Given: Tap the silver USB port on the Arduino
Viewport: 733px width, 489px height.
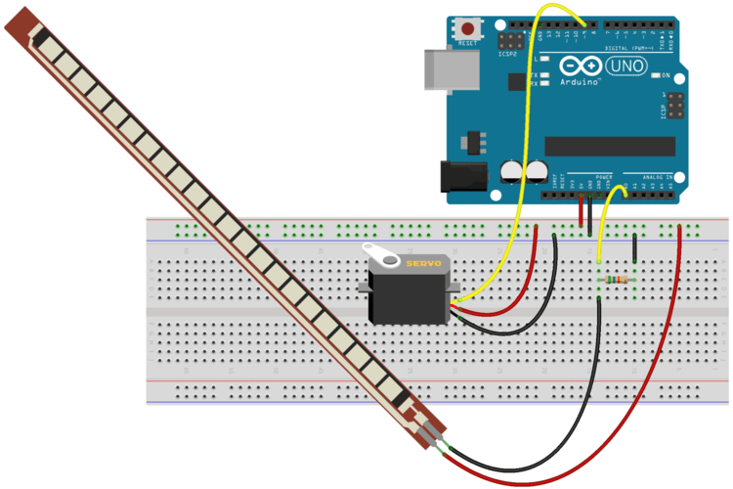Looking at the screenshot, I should pos(442,67).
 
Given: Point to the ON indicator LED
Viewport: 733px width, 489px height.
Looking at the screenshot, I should pos(655,76).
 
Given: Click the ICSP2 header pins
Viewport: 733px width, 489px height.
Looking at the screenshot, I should pos(509,42).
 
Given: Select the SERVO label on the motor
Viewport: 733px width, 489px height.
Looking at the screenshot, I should pos(423,264).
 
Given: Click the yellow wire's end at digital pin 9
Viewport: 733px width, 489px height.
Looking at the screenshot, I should pos(584,25).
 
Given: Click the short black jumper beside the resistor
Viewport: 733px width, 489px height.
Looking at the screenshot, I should pos(635,248).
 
